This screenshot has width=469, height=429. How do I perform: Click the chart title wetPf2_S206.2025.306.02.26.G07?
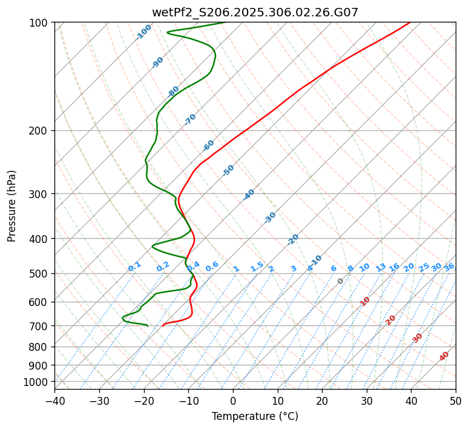(255, 12)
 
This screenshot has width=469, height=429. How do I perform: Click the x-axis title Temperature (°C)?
(255, 416)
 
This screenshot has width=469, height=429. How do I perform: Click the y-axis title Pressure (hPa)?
(11, 205)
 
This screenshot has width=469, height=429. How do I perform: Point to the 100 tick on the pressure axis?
(39, 23)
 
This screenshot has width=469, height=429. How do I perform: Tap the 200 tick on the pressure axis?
(39, 130)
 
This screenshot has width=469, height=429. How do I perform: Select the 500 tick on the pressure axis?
(39, 273)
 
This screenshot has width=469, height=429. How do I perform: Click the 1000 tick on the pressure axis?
(37, 382)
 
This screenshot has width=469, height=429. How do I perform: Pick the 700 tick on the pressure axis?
(39, 326)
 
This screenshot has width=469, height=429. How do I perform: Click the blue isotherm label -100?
(143, 32)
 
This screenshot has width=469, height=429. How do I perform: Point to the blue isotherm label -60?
(209, 145)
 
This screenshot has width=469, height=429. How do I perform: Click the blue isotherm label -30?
(270, 218)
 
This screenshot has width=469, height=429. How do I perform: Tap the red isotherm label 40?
(444, 356)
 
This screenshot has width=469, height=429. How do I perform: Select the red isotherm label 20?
(390, 319)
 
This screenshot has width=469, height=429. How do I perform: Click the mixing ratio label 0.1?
(134, 266)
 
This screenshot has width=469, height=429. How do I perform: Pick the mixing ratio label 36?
(449, 267)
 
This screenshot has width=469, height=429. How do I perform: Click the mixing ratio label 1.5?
(257, 266)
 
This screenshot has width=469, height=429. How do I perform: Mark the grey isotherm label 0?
(340, 281)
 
